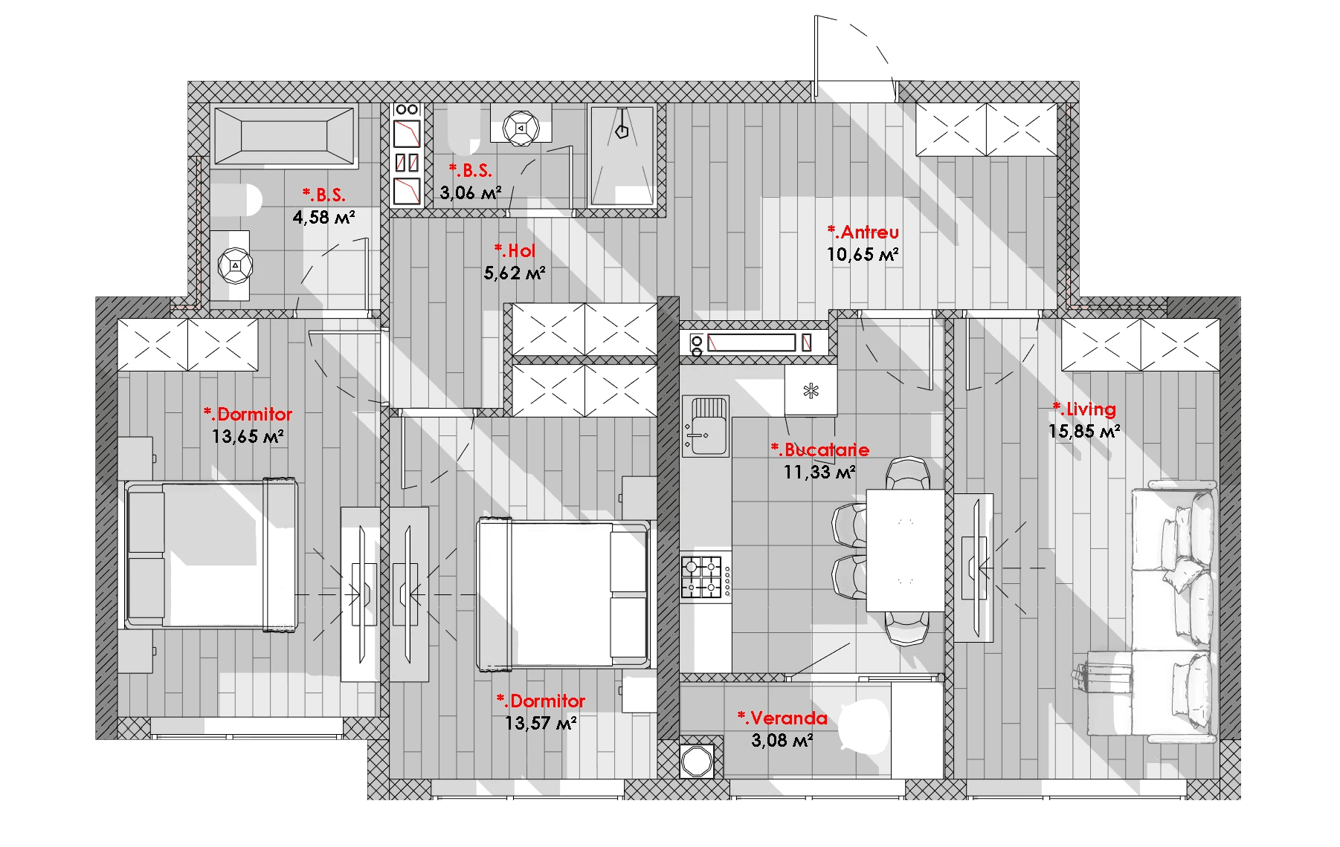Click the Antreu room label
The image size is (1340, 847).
pos(863,233)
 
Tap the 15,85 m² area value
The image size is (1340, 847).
pos(1084,432)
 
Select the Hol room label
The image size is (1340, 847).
pos(515,251)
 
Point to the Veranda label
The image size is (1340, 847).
pos(782,718)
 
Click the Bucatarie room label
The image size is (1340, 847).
pos(820,450)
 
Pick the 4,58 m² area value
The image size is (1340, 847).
pos(323,218)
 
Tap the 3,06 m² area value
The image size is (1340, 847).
pos(470,193)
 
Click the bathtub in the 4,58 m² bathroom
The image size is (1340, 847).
pos(284,136)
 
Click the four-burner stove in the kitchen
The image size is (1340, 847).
pos(702,577)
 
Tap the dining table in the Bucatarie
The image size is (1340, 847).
pos(905,550)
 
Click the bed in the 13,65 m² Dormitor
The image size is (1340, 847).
pos(212,554)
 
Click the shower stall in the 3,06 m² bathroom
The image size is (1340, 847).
pos(622,155)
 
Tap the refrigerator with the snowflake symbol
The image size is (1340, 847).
pos(811,390)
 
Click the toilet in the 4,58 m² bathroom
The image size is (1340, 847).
pos(236,200)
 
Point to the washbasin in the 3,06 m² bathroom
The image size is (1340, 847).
pos(521,127)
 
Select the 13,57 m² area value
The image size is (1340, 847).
pos(541,724)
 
